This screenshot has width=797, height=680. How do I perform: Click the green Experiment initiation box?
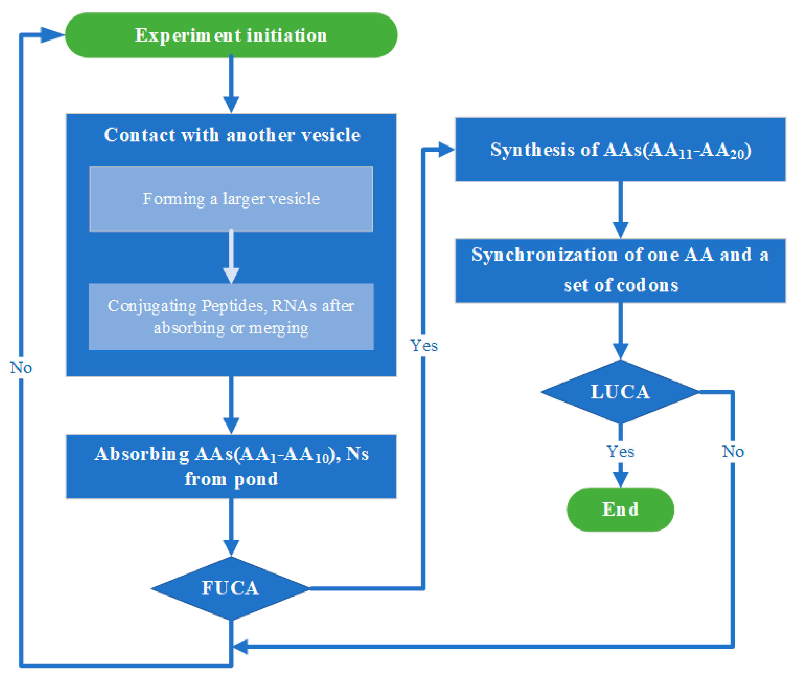pos(231,35)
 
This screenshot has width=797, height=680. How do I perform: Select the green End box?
pos(620,509)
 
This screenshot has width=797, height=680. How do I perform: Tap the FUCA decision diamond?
pos(231,588)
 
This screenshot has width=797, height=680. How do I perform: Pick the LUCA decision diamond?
pos(620,392)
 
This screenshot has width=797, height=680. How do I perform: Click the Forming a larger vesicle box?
pos(231,199)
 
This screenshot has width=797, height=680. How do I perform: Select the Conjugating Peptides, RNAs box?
pos(231,316)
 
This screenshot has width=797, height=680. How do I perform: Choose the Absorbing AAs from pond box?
pos(231,467)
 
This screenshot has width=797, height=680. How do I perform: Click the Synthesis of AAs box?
pos(620,150)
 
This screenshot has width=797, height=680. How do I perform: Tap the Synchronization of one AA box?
pos(620,271)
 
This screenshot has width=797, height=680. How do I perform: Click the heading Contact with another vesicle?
pos(232,135)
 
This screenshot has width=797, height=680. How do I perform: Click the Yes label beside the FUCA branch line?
pos(424,345)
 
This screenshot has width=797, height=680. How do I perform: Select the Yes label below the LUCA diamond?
pos(620,451)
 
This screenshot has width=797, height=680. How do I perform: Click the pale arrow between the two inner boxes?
pos(231,257)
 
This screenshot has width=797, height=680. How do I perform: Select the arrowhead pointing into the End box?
pos(620,480)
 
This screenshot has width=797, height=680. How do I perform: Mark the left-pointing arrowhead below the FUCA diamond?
pos(240,647)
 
